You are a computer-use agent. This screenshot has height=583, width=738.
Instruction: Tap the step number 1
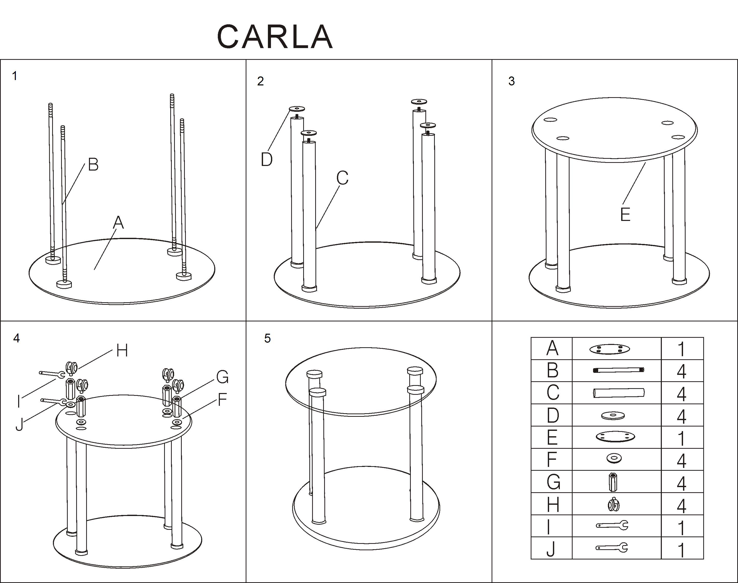pos(14,76)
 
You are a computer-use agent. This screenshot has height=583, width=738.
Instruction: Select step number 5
pos(267,338)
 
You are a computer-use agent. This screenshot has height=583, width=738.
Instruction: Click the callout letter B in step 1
pos(93,164)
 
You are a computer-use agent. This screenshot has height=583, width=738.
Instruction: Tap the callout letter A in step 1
pos(118,222)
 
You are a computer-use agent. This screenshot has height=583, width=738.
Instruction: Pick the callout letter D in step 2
pos(266,159)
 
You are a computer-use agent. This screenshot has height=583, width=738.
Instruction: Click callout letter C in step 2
pos(342,177)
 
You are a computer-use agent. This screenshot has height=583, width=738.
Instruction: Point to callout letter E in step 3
pos(625,214)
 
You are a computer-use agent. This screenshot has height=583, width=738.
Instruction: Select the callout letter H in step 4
pos(122,350)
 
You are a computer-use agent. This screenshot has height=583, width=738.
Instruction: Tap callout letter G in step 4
pos(222,377)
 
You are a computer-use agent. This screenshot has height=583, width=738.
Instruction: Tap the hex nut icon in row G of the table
pos(613,481)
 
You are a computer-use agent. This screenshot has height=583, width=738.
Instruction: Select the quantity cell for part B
pos(682,371)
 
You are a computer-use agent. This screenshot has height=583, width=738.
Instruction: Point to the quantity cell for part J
pos(682,548)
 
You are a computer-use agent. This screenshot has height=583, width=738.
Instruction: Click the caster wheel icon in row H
pos(614,504)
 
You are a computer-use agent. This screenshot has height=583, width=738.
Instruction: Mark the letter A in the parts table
pos(552,348)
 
